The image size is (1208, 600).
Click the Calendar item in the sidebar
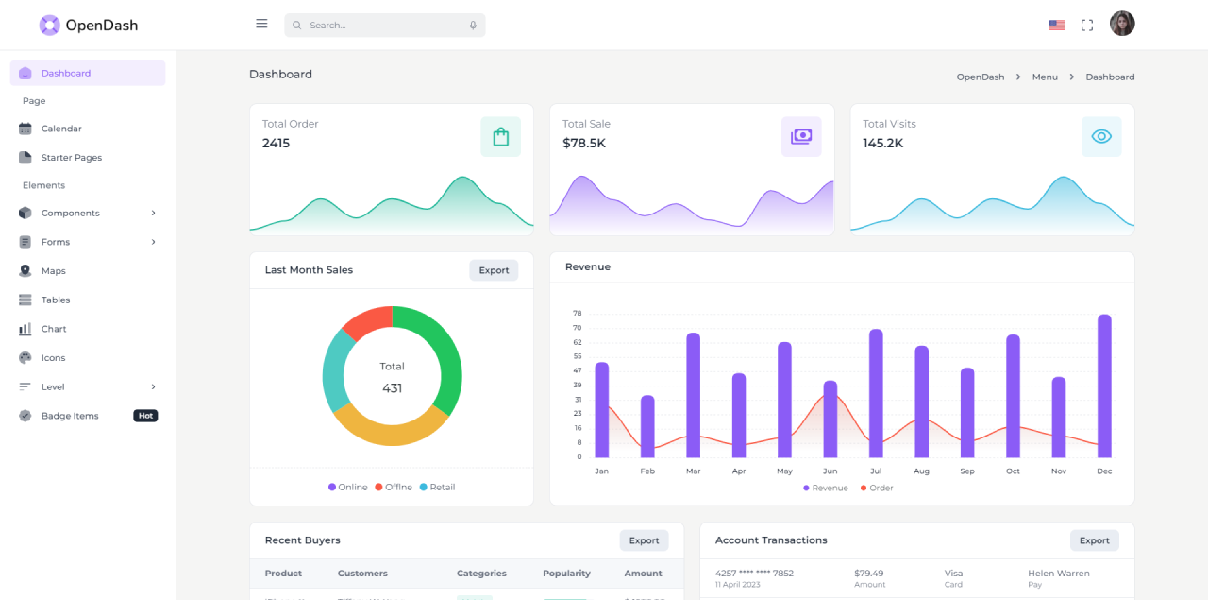point(60,129)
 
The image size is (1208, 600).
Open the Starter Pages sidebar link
point(71,158)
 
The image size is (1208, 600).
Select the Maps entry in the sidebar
point(53,271)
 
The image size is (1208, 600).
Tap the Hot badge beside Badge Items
point(145,416)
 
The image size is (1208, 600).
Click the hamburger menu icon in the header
point(261,24)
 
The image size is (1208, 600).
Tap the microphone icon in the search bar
point(473,26)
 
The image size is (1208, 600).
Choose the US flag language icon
point(1057,26)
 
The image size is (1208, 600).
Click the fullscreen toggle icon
point(1087,26)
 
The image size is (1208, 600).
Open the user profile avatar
point(1122,24)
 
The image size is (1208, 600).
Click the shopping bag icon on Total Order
point(500,137)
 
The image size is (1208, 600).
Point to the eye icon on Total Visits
point(1101,137)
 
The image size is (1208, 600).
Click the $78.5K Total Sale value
point(584,144)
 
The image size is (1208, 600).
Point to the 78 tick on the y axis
point(577,313)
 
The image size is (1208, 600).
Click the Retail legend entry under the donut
point(437,488)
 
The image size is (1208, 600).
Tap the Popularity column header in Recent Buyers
point(566,574)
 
